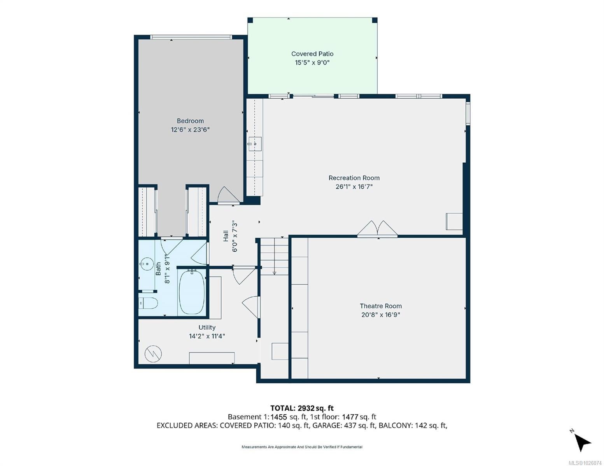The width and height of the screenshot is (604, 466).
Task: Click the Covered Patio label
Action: (312, 54)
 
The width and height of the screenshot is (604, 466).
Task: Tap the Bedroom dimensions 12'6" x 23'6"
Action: (190, 130)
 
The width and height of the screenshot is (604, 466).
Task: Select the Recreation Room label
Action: (354, 178)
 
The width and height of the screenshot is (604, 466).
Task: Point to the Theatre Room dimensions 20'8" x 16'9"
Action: (380, 315)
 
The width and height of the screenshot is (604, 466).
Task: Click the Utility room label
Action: (207, 327)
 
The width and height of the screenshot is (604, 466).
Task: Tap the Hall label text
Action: (226, 236)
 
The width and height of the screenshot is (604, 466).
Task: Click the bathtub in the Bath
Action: (192, 292)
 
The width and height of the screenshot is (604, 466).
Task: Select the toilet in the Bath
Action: (148, 303)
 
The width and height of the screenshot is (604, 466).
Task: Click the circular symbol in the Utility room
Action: (153, 354)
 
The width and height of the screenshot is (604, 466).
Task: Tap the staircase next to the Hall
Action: (274, 256)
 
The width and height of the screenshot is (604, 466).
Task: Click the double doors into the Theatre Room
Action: (377, 229)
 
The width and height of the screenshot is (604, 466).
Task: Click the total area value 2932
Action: (306, 408)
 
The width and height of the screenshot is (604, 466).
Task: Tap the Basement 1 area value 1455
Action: (279, 417)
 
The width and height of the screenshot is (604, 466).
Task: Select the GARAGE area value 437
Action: (350, 426)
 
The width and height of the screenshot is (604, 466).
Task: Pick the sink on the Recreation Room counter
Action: (255, 144)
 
